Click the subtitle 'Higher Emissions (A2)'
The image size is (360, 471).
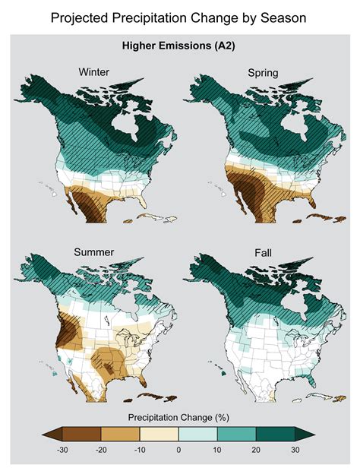tap(179, 46)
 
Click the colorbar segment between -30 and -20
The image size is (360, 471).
tap(82, 435)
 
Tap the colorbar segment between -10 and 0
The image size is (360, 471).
tap(159, 435)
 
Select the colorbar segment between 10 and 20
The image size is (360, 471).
tap(237, 435)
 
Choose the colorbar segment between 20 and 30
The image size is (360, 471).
tap(276, 435)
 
